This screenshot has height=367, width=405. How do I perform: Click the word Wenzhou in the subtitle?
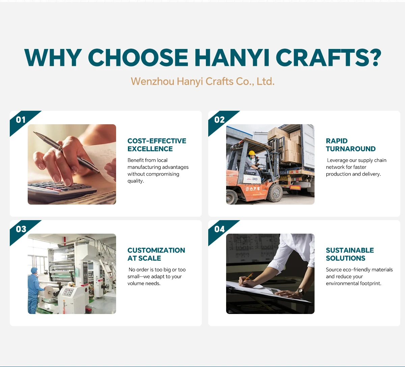click(153, 81)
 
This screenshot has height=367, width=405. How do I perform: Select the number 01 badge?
click(21, 120)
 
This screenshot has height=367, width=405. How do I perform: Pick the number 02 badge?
click(219, 120)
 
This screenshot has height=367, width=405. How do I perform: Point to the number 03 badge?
click(21, 229)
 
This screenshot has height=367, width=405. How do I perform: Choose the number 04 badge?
click(219, 229)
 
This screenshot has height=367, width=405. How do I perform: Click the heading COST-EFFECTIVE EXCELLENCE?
click(157, 145)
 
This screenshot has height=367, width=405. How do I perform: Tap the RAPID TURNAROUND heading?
click(351, 145)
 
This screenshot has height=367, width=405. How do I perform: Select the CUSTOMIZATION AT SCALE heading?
click(156, 254)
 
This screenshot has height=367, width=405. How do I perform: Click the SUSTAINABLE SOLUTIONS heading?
click(350, 254)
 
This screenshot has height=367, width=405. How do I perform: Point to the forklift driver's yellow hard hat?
click(252, 153)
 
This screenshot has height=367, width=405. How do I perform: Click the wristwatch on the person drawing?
click(301, 291)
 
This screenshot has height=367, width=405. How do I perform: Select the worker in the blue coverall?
click(34, 290)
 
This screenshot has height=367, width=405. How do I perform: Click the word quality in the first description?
click(135, 181)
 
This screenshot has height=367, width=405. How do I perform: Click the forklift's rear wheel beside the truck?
click(275, 193)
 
